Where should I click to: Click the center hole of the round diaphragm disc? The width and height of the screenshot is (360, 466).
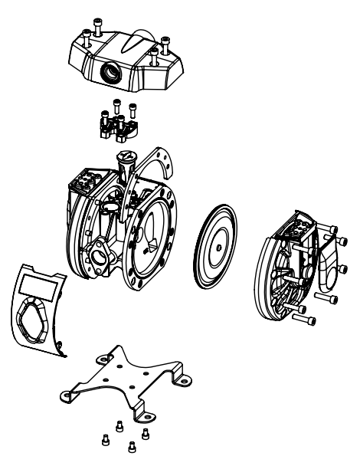(219, 248)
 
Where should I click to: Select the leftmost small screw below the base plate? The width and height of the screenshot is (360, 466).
(106, 438)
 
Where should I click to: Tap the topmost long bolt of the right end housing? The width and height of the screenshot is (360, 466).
(335, 228)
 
